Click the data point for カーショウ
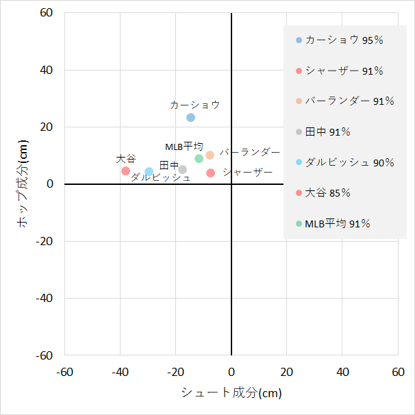[x=191, y=117]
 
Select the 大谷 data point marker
[x=125, y=171]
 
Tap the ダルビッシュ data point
[x=149, y=172]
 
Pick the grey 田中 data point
[x=183, y=169]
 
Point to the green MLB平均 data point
[x=199, y=158]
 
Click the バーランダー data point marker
[x=210, y=155]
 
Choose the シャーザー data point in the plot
[x=211, y=173]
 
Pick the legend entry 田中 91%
[x=332, y=131]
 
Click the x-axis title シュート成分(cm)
[x=231, y=393]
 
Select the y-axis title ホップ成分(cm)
[x=23, y=184]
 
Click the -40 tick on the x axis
[x=120, y=371]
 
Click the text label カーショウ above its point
[x=195, y=105]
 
